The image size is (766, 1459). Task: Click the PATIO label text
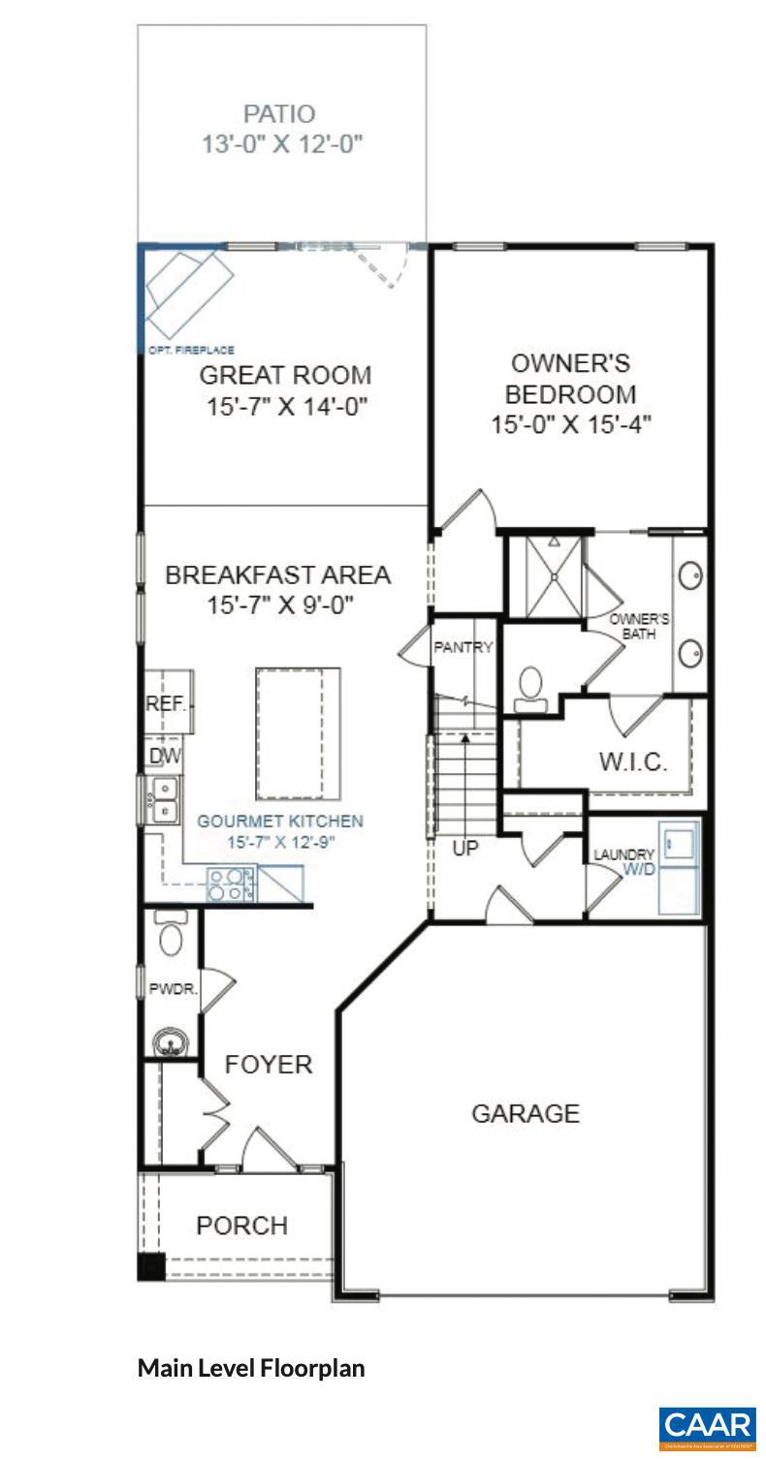coord(279,115)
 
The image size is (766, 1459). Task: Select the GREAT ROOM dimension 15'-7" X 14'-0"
coord(287,406)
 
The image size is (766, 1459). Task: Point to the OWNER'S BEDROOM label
coord(570,379)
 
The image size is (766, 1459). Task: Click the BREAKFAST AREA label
coord(278,574)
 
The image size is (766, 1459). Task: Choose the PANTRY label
coord(463,647)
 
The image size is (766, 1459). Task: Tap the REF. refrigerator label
coord(165,704)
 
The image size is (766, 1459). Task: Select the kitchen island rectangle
coord(298,730)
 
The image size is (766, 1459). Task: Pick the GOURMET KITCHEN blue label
coord(280,821)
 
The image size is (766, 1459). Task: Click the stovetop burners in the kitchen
coord(231,884)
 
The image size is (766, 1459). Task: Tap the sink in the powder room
coord(171,1043)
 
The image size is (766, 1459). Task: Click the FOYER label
coord(269,1065)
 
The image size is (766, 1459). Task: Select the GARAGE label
coord(526,1113)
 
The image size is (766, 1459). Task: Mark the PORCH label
coord(241,1226)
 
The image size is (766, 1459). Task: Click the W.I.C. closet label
coord(632,761)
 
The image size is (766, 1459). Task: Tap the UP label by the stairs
coord(465,849)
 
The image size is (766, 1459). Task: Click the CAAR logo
coord(707,1427)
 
